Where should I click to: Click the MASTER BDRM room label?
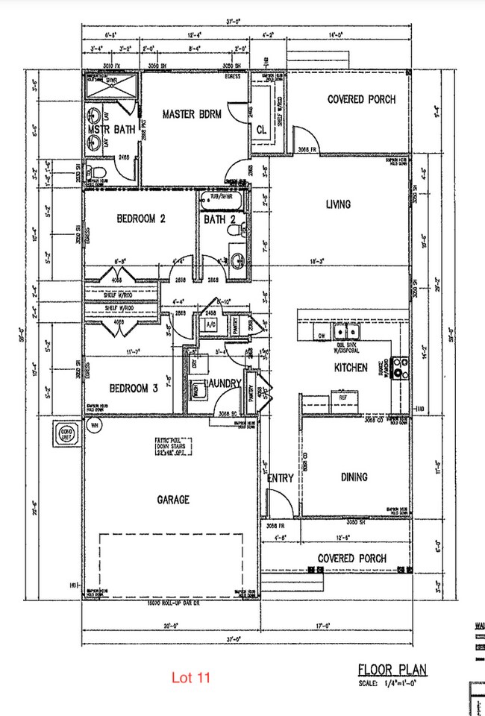coord(190,114)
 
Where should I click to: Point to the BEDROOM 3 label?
coord(134,389)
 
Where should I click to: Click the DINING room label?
coord(354,477)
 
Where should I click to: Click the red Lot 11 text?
coord(192,678)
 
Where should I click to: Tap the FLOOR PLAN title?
coord(394,669)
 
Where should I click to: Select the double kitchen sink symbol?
coord(345,331)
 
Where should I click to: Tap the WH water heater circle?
coord(95,426)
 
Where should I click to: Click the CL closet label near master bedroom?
coord(261,128)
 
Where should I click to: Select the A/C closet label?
coord(209,325)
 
